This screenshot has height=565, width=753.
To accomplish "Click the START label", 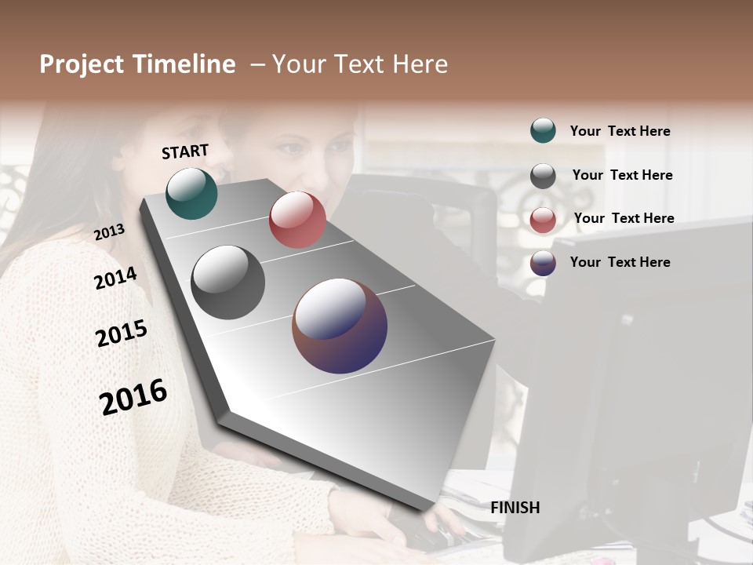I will click(x=185, y=151).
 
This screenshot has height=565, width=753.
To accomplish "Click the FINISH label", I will click(x=515, y=508).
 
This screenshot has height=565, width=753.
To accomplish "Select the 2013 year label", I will click(x=110, y=232).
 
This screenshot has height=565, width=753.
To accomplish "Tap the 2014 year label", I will click(x=115, y=279).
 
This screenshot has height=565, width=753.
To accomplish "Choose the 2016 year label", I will click(x=133, y=396).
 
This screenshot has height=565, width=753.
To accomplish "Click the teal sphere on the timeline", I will click(x=192, y=194).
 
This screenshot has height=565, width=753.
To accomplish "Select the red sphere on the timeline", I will click(x=297, y=220).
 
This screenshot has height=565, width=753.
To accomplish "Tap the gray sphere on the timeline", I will click(x=227, y=282).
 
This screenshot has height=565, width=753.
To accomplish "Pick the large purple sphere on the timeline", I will click(x=340, y=326).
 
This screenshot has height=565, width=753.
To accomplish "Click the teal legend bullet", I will click(x=543, y=130).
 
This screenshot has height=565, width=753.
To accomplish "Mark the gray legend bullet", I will click(x=543, y=176).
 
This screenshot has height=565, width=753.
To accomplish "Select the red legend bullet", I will click(x=543, y=220).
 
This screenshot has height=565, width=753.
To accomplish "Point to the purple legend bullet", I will click(x=543, y=263).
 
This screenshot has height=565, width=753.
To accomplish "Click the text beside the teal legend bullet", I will click(x=620, y=131).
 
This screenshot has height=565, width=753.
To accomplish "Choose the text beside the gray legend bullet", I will click(x=622, y=175).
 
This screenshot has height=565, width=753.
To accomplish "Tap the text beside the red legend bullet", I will click(x=624, y=218).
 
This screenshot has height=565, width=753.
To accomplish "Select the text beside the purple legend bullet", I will click(x=620, y=262).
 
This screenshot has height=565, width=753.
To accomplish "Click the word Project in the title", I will click(x=82, y=64).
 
